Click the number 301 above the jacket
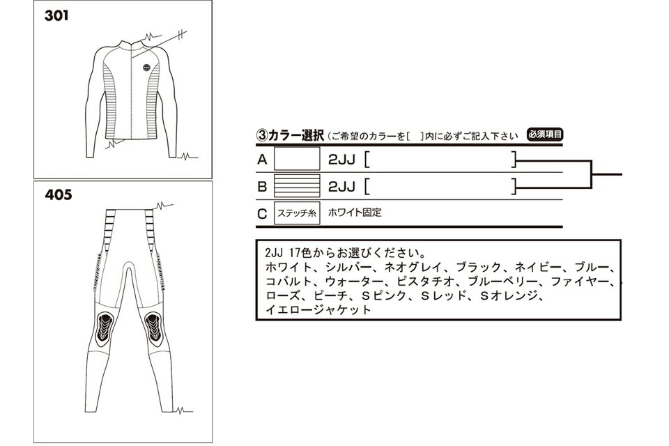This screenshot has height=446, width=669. pos(56,16)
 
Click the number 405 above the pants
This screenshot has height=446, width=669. pos(59,195)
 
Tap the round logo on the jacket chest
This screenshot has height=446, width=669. pos(147,67)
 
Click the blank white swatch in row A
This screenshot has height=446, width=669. pos(297,159)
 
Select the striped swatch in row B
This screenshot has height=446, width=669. pos(297,186)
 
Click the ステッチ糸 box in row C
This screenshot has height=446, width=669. pos(297,213)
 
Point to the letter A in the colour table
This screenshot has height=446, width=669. pos(262,160)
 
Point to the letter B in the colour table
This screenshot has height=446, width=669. pos(262,187)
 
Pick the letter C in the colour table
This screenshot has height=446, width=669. pos(262,214)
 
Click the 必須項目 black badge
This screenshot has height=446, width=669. pos(545,135)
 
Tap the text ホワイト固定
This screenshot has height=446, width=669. pos(355,213)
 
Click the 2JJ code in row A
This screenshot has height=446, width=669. pos(341,160)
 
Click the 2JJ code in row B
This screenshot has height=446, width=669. pos(341,187)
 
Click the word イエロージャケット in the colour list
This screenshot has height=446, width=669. pos(318,309)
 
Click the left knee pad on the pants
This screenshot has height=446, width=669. pos(105,327)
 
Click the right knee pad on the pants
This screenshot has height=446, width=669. pos(153,327)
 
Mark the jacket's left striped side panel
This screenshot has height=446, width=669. pos(110,101)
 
